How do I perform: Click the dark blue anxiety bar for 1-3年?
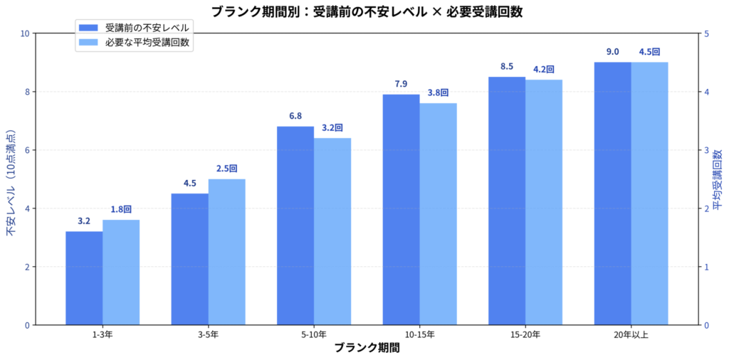[x=84, y=278]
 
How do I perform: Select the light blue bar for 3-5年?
[x=226, y=252]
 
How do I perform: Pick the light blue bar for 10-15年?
[x=438, y=214]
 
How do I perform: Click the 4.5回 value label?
[x=649, y=52]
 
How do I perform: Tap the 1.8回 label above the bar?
[x=121, y=209]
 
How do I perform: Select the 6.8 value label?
[x=295, y=116]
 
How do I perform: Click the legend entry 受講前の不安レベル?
[x=147, y=28]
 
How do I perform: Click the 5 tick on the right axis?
[x=706, y=33]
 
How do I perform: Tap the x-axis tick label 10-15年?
[x=419, y=334]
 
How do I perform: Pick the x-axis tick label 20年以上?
[x=631, y=334]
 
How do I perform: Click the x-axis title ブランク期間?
[x=367, y=348]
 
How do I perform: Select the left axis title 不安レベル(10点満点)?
[x=11, y=184]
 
